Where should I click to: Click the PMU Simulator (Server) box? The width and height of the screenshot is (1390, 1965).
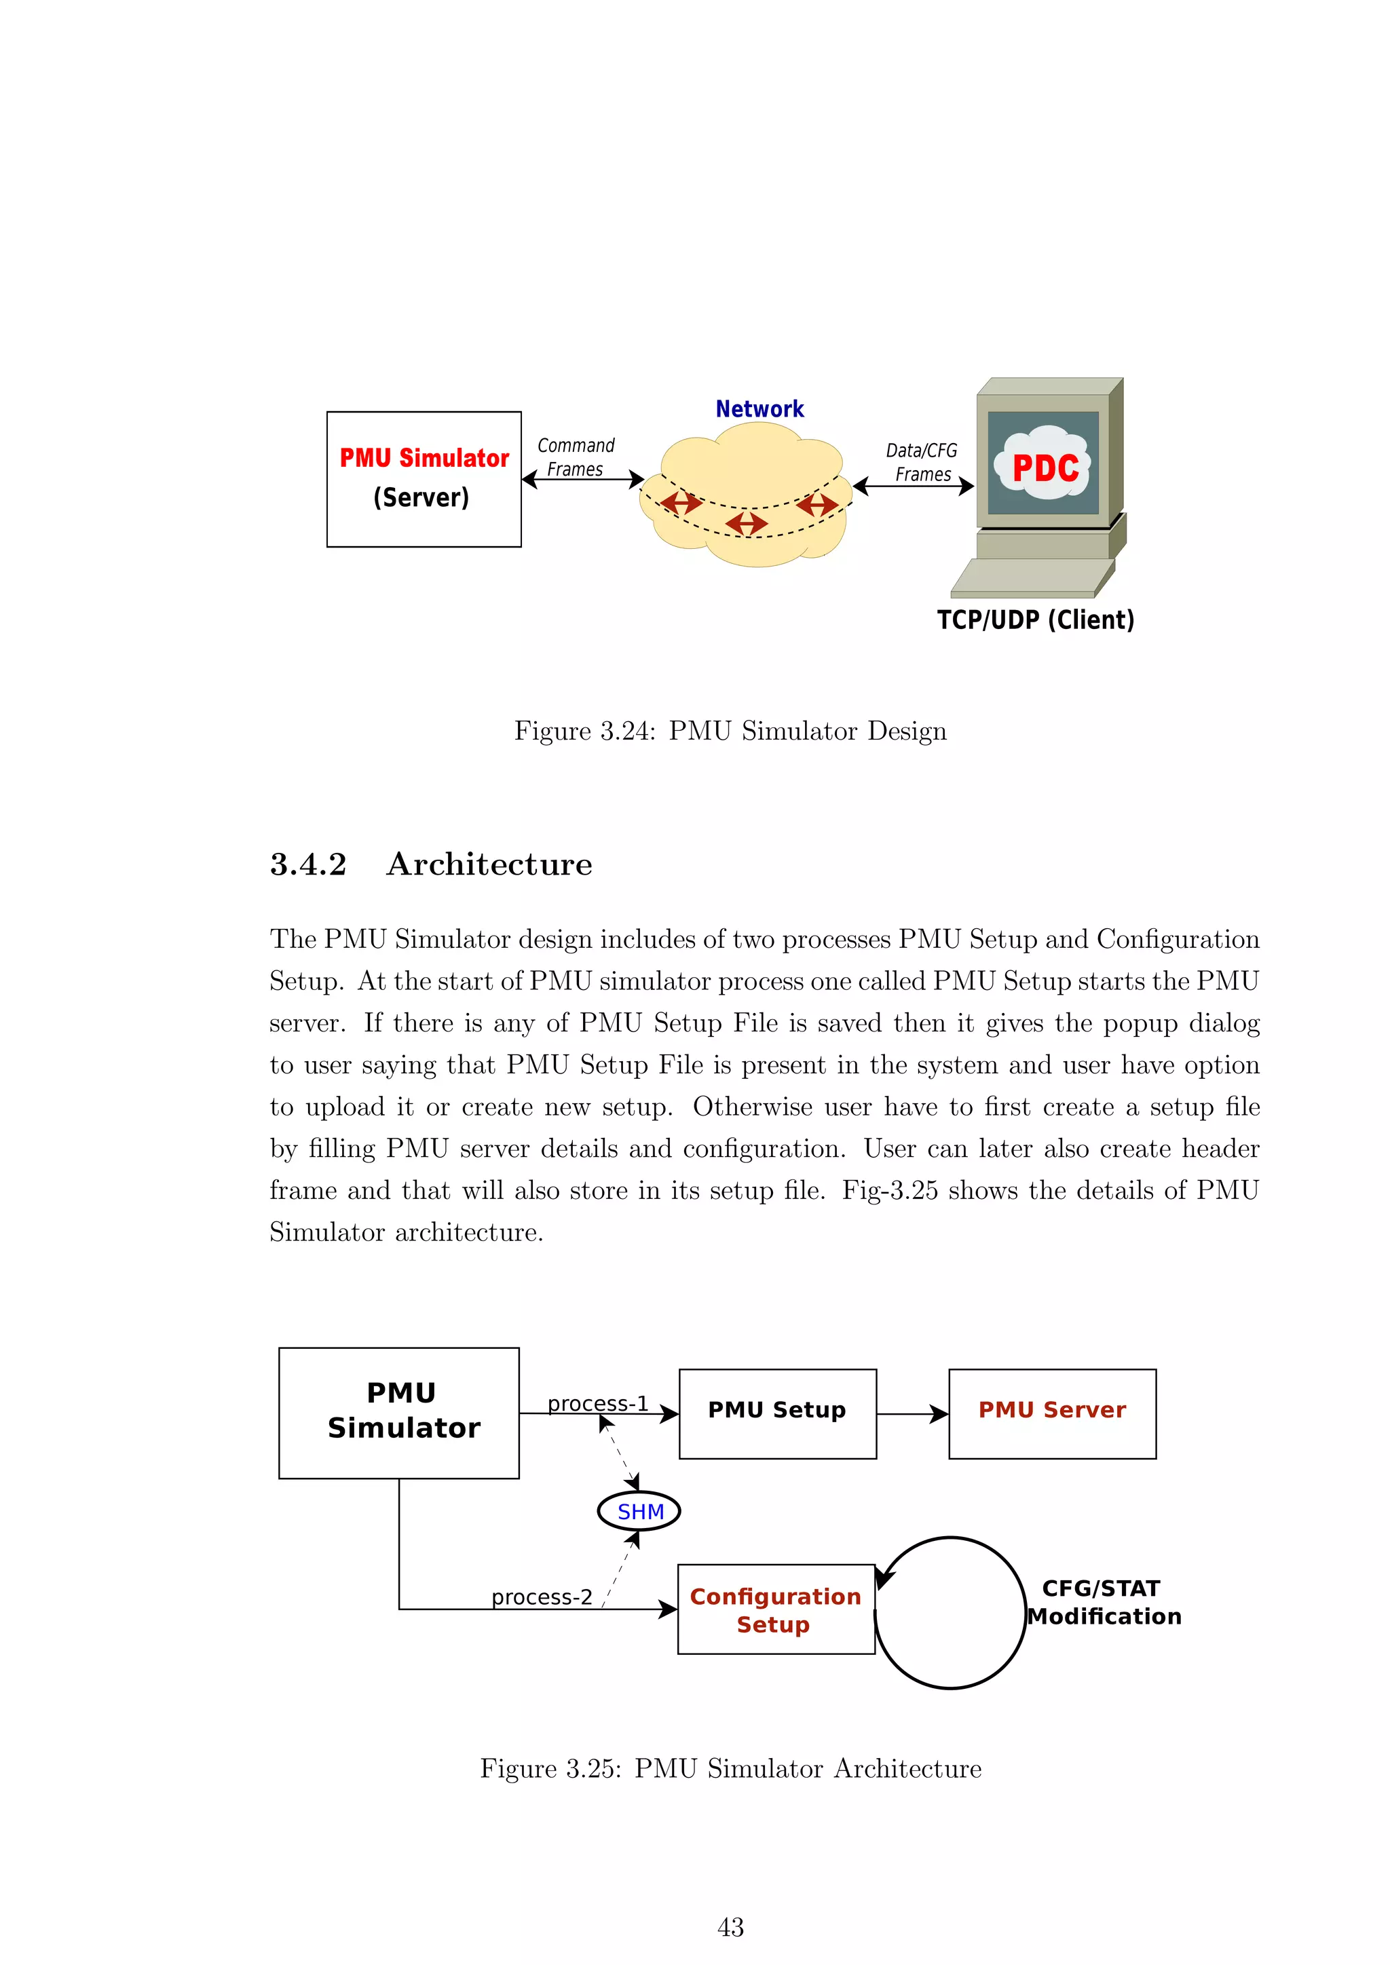coord(424,479)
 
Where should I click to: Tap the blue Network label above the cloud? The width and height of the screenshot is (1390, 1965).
coord(759,409)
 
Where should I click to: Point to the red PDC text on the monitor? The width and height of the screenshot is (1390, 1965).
coord(1045,468)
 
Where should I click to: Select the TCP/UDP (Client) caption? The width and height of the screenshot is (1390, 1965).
coord(1035,619)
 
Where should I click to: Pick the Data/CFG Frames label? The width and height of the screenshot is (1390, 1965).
coord(922,462)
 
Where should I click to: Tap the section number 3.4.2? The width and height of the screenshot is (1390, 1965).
coord(308,864)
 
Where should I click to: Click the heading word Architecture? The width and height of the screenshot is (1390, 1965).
coord(489,864)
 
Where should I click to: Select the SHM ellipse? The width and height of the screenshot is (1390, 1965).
coord(639,1511)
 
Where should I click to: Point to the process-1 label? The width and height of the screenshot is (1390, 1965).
coord(597,1404)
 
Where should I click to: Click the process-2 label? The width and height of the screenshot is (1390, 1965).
coord(541,1597)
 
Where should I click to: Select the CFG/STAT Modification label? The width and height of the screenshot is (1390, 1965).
coord(1104,1602)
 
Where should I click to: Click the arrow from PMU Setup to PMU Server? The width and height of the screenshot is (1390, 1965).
coord(912,1414)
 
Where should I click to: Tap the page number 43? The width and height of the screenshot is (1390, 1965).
coord(730,1928)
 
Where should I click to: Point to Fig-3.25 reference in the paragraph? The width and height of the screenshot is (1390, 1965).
coord(890,1191)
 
